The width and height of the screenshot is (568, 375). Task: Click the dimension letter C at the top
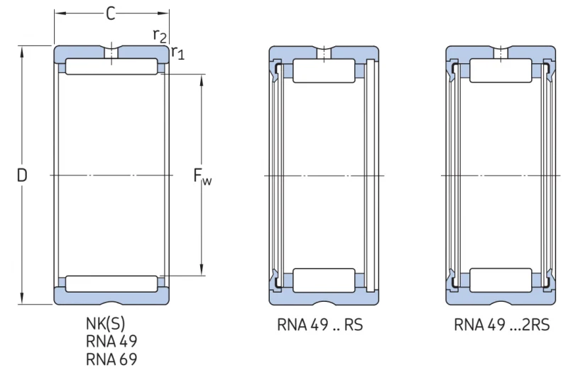[x=111, y=13]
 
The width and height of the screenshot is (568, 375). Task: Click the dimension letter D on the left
[x=22, y=175]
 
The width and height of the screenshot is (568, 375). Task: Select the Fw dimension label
[x=202, y=176]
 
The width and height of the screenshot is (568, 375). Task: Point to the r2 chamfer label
[x=160, y=36]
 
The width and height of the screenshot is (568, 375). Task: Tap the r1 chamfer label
[x=177, y=53]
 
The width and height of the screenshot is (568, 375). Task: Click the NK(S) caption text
[x=105, y=323]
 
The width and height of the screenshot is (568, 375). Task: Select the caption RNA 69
[x=111, y=359]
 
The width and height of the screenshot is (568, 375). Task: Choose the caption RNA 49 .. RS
[x=320, y=325]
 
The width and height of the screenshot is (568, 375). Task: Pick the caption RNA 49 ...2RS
[x=502, y=325]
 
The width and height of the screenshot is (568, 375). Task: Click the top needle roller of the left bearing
[x=111, y=66]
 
